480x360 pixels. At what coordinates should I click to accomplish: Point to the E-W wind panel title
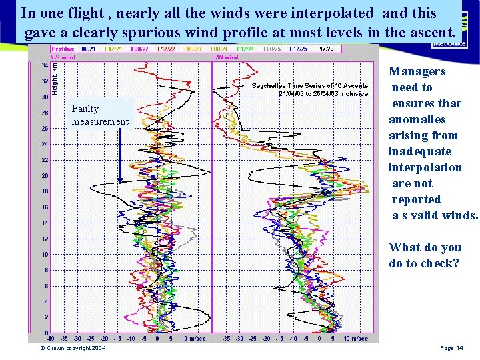225,57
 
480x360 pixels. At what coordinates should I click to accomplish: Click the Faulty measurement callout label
100,115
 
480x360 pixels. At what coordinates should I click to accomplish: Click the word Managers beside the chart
417,71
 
